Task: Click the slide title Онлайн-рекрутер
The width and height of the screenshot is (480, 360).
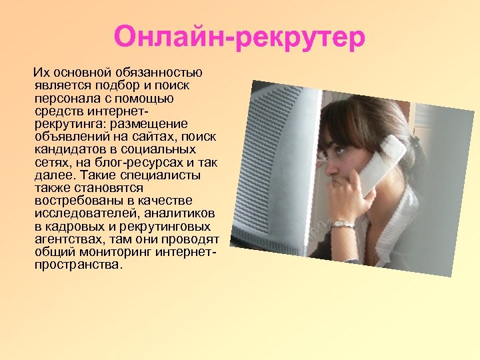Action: [x=239, y=37]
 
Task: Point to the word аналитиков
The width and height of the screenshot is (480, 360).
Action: [x=182, y=213]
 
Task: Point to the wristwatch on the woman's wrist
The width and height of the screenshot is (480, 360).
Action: [x=343, y=224]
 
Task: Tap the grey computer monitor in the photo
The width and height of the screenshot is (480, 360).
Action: [x=280, y=173]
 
